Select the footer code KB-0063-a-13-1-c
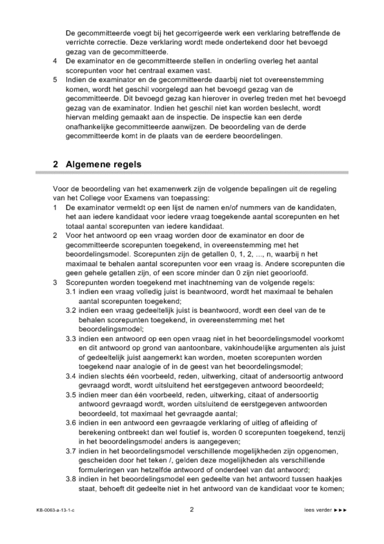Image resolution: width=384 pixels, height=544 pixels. tap(59, 510)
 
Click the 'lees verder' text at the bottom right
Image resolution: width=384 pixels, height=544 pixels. tap(318, 510)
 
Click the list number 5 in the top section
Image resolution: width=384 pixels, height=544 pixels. tap(55, 79)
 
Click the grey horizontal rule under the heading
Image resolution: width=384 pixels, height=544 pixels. tap(191, 173)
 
